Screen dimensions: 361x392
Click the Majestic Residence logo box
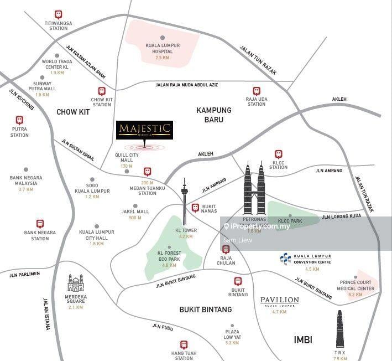click(145, 130)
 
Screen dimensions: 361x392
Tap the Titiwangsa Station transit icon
click(59, 14)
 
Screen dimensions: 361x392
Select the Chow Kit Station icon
click(102, 91)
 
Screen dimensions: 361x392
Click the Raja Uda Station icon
click(256, 91)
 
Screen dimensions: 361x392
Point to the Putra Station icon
click(19, 120)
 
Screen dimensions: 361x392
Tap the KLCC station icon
click(278, 154)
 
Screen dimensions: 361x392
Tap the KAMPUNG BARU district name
click(214, 115)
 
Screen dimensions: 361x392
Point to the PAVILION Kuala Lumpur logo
click(279, 302)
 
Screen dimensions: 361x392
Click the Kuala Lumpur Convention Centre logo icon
click(285, 259)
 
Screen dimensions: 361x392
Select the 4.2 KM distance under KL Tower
click(186, 236)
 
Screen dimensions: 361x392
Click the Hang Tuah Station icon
click(182, 344)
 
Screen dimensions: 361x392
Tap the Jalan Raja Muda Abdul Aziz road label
click(187, 84)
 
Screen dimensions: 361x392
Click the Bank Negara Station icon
click(40, 224)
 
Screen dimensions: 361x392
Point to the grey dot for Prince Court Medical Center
click(357, 277)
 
